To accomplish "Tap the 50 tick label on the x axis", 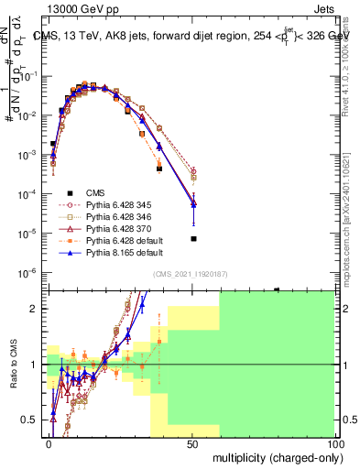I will point(191,442).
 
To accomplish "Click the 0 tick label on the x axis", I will point(49,442).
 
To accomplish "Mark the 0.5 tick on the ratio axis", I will point(29,420).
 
